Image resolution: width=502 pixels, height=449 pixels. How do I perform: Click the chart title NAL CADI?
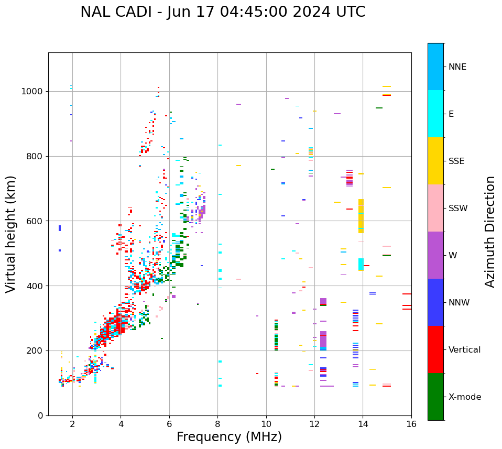pyautogui.click(x=223, y=12)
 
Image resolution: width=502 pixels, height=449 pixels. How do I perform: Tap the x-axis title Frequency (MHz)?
pyautogui.click(x=229, y=437)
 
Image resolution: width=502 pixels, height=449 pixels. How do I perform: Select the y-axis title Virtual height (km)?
pyautogui.click(x=11, y=234)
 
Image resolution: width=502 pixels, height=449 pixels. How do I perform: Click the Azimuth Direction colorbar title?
pyautogui.click(x=490, y=231)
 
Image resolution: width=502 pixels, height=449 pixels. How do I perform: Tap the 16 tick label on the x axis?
pyautogui.click(x=411, y=424)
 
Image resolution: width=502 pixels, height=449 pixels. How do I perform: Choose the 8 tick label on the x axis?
pyautogui.click(x=217, y=424)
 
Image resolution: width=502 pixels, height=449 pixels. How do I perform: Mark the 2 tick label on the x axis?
pyautogui.click(x=72, y=424)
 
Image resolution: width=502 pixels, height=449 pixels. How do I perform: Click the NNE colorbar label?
pyautogui.click(x=457, y=67)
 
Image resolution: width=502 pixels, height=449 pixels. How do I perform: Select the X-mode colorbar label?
pyautogui.click(x=465, y=397)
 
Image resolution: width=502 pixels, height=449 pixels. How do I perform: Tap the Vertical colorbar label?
pyautogui.click(x=464, y=349)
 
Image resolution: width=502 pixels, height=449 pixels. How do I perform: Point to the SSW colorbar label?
pyautogui.click(x=458, y=208)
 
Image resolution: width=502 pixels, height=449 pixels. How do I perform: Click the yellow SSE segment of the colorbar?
pyautogui.click(x=435, y=161)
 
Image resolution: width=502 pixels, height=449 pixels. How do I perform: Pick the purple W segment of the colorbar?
pyautogui.click(x=435, y=255)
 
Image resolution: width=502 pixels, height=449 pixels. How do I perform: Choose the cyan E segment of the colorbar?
pyautogui.click(x=435, y=114)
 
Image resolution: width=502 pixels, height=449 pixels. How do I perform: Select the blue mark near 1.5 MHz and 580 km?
pyautogui.click(x=60, y=228)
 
